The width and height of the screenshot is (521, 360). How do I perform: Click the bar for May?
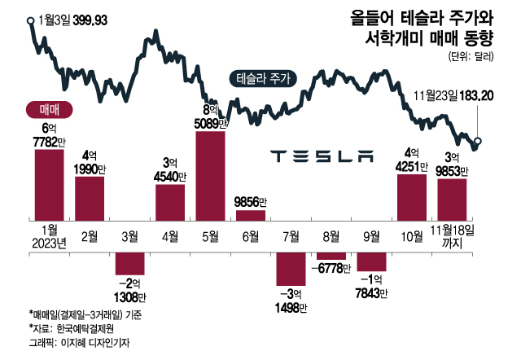pos(210,174)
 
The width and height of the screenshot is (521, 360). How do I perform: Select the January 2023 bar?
pos(49,183)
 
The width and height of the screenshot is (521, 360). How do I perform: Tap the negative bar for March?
pos(129,263)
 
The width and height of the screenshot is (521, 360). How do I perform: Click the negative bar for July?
pos(291,269)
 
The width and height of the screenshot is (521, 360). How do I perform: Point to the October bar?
pos(411,196)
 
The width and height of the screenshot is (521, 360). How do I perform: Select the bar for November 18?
pos(452,199)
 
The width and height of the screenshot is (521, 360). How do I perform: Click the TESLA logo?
pos(321,155)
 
